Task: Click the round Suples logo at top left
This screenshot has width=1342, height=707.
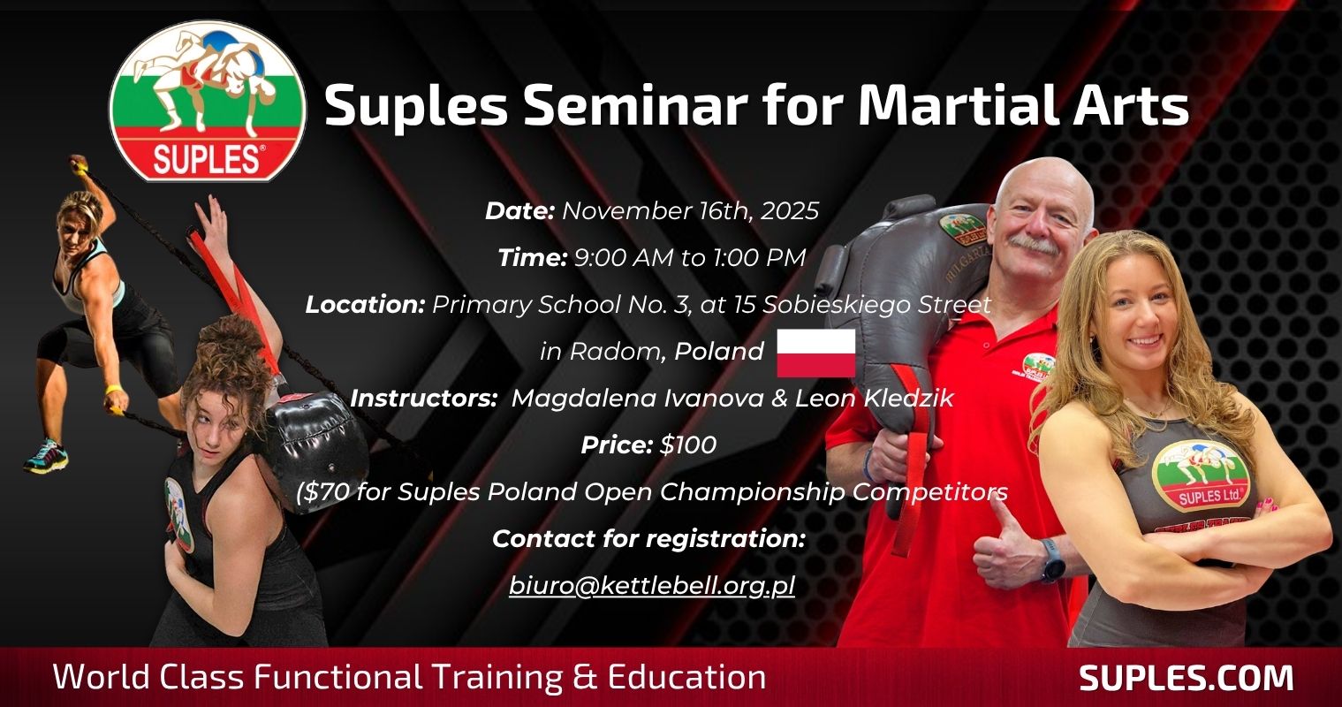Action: [207, 101]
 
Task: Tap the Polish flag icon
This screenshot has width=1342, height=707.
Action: [816, 353]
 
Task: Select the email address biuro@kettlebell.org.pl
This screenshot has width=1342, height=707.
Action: [652, 585]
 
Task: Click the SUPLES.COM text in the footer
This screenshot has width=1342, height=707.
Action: [1186, 678]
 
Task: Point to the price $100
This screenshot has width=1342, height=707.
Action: [687, 445]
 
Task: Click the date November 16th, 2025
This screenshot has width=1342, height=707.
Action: [690, 211]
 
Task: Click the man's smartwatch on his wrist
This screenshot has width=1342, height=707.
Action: [1052, 561]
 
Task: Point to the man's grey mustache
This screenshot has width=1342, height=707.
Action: [1035, 245]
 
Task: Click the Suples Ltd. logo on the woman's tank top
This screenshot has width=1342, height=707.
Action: [1203, 477]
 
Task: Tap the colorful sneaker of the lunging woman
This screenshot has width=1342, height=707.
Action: [46, 457]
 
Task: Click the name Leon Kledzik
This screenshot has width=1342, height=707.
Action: [874, 399]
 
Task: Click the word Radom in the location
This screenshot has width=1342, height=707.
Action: [615, 352]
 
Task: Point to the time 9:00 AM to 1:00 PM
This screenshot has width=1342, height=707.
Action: [690, 258]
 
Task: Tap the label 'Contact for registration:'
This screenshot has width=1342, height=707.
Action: [648, 538]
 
